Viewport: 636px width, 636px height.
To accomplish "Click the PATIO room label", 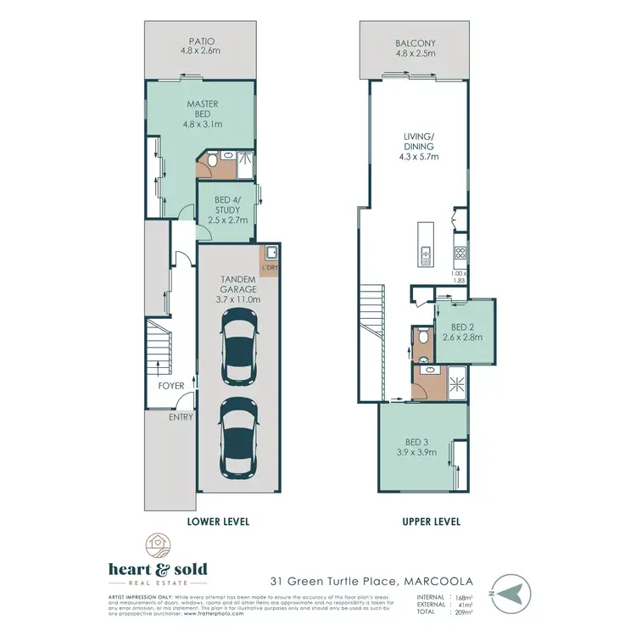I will click(x=202, y=40).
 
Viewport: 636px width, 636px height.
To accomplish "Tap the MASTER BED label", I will click(x=202, y=103).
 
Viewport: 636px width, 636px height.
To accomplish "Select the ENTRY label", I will click(x=181, y=417).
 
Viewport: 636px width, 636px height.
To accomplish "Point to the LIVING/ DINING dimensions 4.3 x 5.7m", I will click(x=416, y=156).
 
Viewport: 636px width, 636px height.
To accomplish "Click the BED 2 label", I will click(x=462, y=327).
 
